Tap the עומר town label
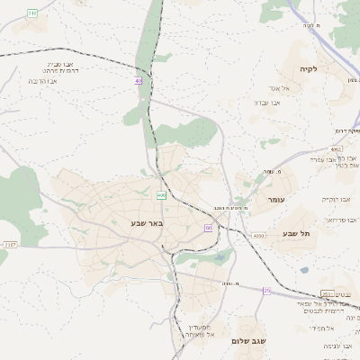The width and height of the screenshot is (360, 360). (x=275, y=199)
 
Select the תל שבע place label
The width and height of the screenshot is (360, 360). (x=295, y=233)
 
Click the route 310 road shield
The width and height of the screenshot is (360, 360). (x=32, y=13)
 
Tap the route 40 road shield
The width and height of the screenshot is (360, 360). (x=139, y=81)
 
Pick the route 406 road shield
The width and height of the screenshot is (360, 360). (x=161, y=194)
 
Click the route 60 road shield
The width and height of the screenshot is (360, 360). (x=208, y=228)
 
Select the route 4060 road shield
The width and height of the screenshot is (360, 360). (x=259, y=236)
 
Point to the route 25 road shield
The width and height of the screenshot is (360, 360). (x=266, y=291)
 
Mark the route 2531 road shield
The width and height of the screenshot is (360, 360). (x=327, y=294)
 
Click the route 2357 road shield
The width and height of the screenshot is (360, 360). (x=10, y=244)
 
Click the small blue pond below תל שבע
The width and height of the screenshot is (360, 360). (x=304, y=269)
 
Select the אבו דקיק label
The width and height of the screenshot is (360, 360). (x=336, y=199)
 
